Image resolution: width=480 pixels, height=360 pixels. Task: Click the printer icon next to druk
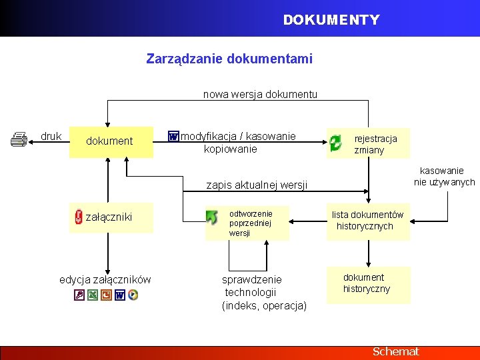[x=19, y=139]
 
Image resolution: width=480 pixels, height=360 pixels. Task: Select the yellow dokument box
[x=111, y=141]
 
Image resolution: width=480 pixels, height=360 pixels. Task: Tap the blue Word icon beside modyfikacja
[x=173, y=137]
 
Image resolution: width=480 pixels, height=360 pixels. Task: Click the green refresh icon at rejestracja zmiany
[x=335, y=141]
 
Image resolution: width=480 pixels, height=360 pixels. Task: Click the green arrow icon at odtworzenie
[x=212, y=217]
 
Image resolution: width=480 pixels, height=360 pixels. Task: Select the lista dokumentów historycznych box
[x=367, y=221]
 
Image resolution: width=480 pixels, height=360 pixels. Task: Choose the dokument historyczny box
[x=367, y=283]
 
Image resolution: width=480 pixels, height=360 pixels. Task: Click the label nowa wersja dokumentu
[x=260, y=95]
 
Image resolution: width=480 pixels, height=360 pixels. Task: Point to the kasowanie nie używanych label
[x=443, y=177]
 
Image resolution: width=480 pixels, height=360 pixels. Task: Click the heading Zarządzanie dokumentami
[x=229, y=59]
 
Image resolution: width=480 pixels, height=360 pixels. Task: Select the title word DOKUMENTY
[x=331, y=20]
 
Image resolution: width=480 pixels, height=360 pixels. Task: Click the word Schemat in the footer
[x=396, y=351]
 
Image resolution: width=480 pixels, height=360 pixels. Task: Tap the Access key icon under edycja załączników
[x=79, y=295]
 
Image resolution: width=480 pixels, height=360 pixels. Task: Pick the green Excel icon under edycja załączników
[x=93, y=295]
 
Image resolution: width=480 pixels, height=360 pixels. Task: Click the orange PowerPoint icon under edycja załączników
[x=106, y=295]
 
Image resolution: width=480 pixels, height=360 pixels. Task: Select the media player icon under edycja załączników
[x=133, y=295]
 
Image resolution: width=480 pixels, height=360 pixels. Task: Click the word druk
[x=51, y=136]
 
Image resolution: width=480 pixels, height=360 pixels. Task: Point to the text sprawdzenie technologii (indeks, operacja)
[x=263, y=293]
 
